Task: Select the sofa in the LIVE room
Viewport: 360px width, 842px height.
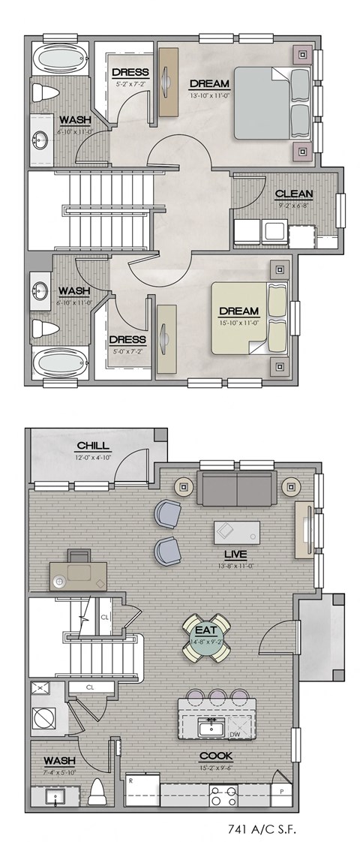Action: [x=236, y=489]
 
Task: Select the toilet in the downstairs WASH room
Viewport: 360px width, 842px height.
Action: [x=97, y=791]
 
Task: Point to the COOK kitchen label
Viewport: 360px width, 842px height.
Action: [x=216, y=756]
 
